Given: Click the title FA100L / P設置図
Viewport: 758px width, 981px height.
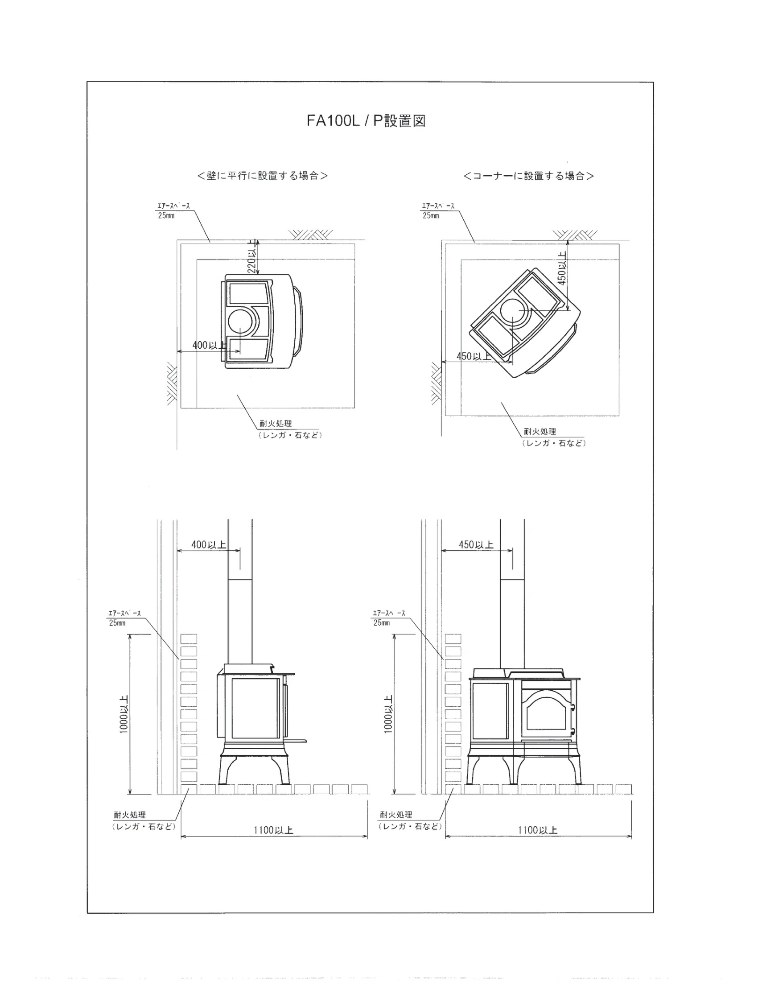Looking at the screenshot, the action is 366,121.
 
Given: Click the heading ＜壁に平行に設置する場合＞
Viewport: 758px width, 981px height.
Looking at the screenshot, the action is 262,176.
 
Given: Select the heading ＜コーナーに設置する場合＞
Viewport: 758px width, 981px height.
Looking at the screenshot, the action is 528,176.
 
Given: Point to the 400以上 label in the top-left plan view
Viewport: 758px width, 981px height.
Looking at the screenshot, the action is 209,345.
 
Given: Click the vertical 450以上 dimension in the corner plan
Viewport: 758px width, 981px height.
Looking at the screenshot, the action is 561,268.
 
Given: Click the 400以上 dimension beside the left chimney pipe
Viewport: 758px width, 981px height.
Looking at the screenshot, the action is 209,545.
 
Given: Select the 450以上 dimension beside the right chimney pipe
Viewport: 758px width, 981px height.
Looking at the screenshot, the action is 476,545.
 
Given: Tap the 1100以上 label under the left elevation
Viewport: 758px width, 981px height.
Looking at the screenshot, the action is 273,830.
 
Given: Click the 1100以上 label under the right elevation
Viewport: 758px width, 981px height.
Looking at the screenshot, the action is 538,830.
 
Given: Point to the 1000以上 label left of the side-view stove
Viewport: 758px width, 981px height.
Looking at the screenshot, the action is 124,715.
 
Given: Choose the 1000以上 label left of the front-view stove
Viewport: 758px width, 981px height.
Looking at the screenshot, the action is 389,715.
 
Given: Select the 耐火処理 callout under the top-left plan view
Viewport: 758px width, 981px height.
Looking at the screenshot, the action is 276,424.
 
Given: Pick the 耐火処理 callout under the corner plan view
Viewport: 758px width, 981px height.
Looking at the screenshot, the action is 540,432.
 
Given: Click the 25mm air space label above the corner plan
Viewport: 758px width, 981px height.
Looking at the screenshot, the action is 431,216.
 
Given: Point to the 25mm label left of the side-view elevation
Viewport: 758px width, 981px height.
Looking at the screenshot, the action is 117,623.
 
